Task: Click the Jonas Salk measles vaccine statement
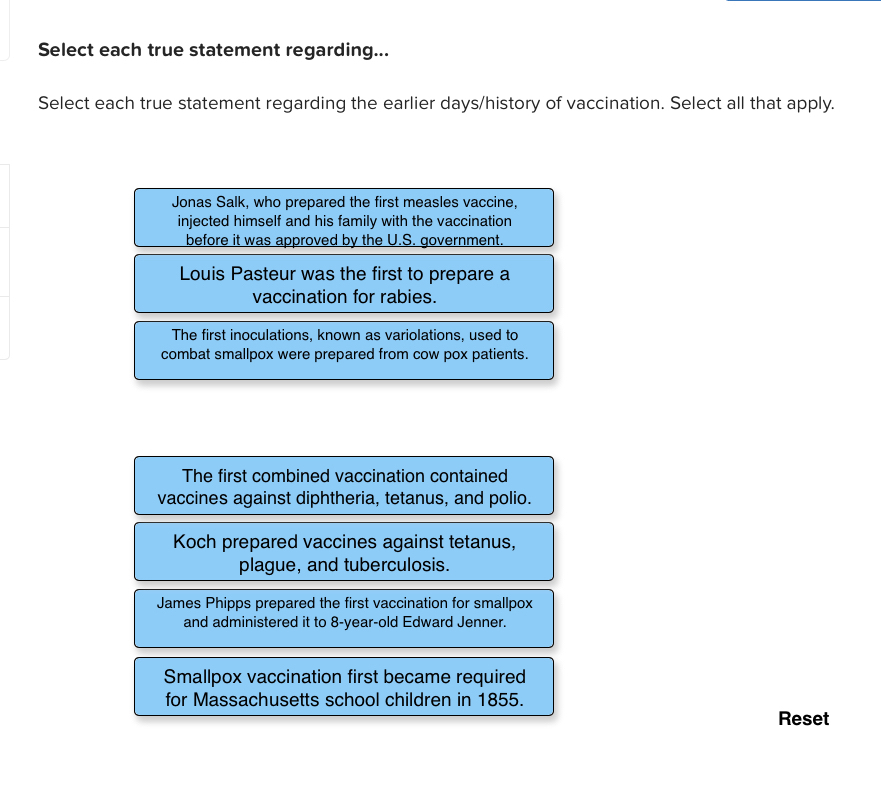pyautogui.click(x=344, y=218)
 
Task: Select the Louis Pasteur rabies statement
pyautogui.click(x=344, y=284)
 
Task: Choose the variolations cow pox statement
pyautogui.click(x=344, y=350)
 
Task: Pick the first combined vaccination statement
pyautogui.click(x=344, y=486)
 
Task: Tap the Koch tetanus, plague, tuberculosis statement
pyautogui.click(x=344, y=553)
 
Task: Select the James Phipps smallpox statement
pyautogui.click(x=344, y=618)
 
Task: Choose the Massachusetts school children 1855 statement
pyautogui.click(x=344, y=687)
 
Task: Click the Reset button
pyautogui.click(x=803, y=718)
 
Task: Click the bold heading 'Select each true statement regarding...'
pyautogui.click(x=212, y=50)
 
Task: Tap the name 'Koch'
pyautogui.click(x=194, y=542)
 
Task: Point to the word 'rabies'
pyautogui.click(x=407, y=297)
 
